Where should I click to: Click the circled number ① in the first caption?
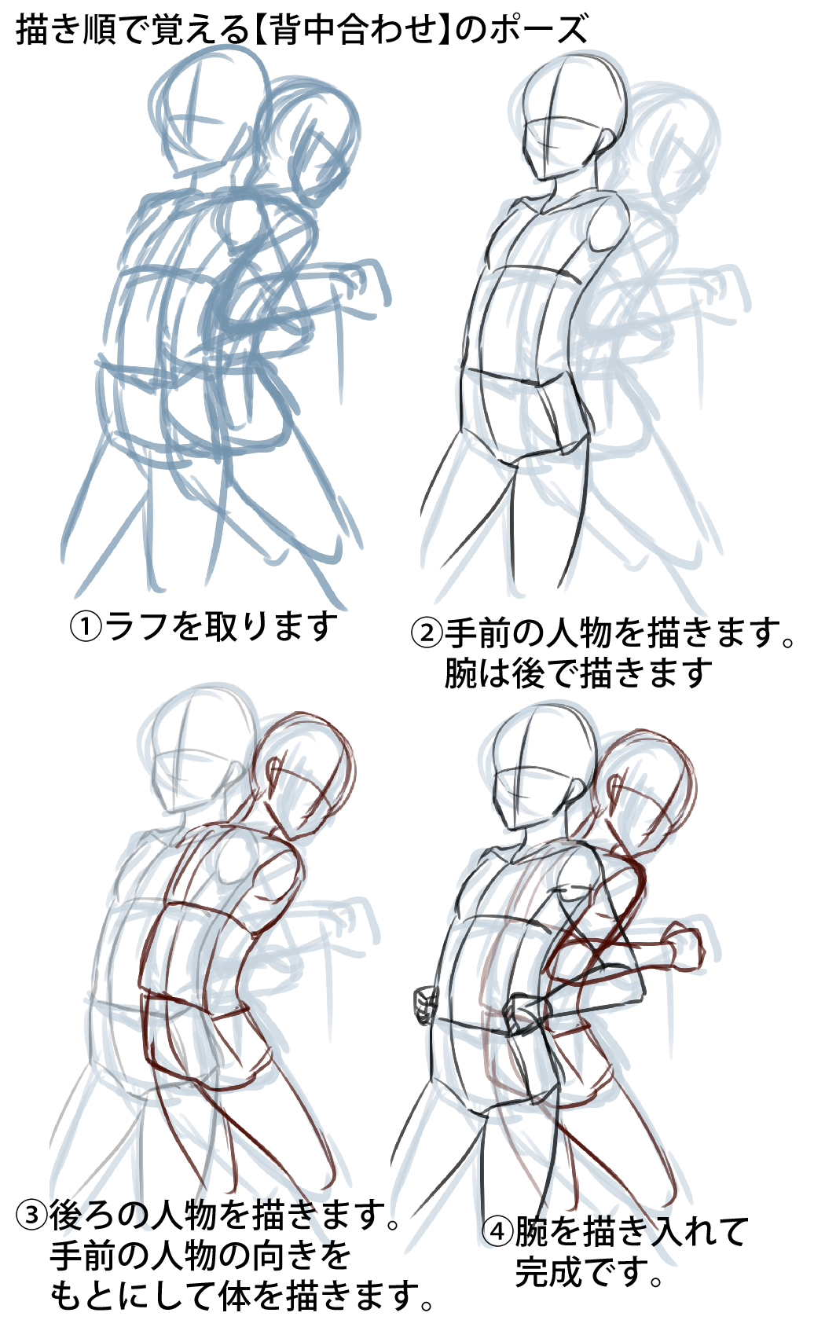85,627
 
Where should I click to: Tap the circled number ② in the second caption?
427,632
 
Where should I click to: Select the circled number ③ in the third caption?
31,1215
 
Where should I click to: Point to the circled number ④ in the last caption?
497,1230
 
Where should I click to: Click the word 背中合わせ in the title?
352,30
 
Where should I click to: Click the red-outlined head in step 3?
306,774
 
